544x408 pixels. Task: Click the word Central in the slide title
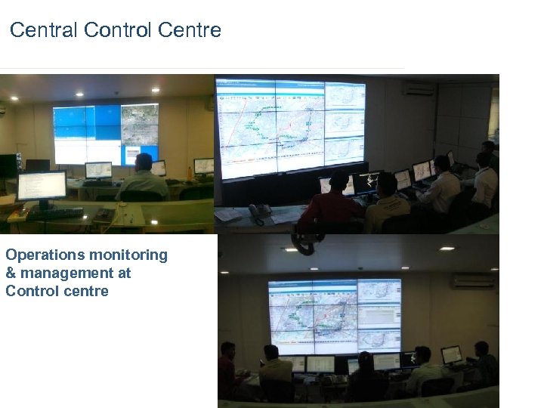45,30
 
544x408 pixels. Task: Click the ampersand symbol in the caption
11,273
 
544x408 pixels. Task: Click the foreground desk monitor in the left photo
42,186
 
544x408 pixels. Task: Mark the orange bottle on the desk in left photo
189,173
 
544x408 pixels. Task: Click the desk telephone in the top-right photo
260,211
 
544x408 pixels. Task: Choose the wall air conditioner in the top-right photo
418,88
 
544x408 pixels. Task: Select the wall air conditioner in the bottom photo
474,280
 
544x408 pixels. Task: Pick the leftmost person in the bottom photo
227,370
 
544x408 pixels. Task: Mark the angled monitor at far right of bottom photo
451,354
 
